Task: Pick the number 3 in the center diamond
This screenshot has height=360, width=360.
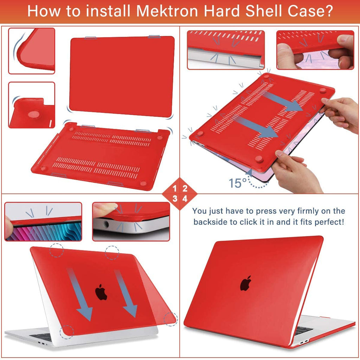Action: tap(175, 199)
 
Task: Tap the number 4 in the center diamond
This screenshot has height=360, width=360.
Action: tap(185, 199)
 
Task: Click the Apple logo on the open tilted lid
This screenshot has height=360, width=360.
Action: tap(101, 292)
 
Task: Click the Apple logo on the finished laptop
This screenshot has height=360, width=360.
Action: tap(246, 283)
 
